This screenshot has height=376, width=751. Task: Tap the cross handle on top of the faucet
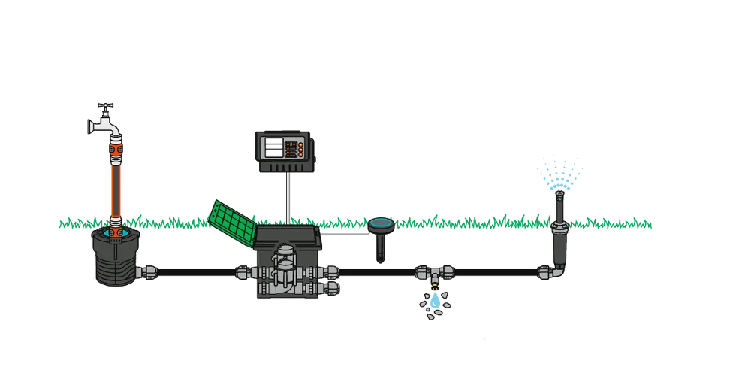point(106,107)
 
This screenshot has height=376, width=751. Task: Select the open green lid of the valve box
point(230,217)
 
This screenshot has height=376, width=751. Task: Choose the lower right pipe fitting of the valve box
point(330,288)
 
